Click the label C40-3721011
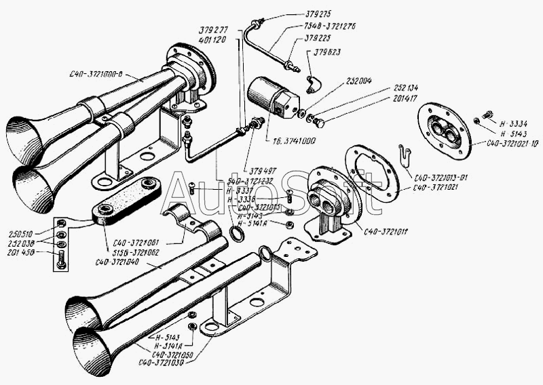tap(391, 231)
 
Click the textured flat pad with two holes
tap(127, 200)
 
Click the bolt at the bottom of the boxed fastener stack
tap(62, 261)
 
